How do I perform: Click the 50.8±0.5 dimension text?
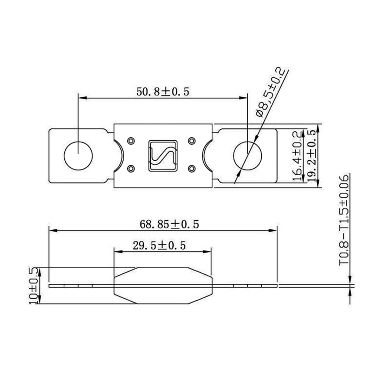(163, 92)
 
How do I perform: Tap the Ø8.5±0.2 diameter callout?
(271, 92)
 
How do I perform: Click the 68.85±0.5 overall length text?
(169, 224)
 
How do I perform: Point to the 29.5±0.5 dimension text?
(159, 245)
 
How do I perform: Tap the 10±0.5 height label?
(33, 285)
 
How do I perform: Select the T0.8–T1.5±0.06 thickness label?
(344, 220)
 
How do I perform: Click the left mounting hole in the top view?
(78, 156)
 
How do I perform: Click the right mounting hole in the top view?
(248, 156)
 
